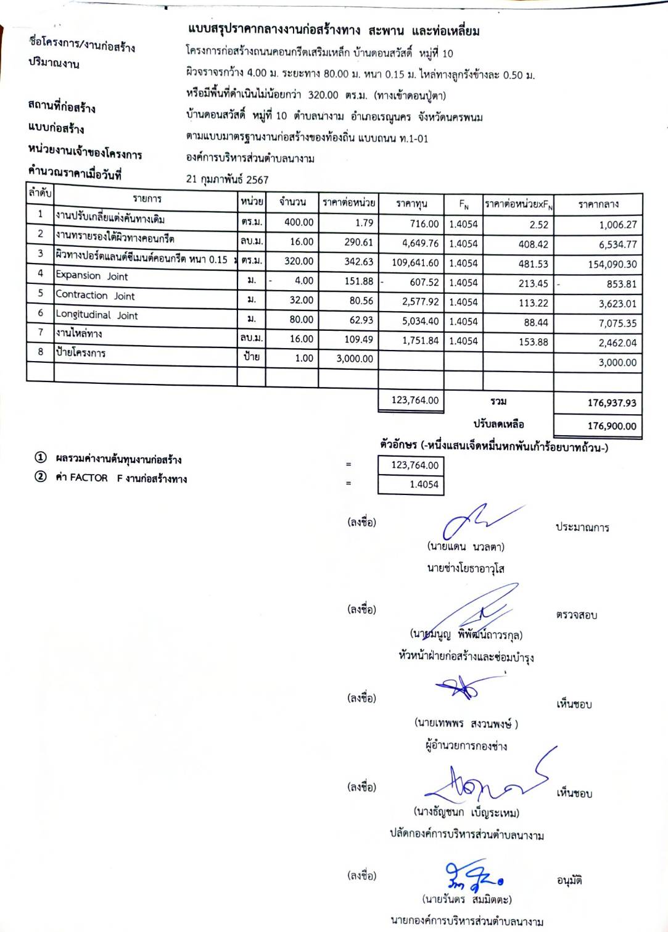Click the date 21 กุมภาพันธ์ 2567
point(227,180)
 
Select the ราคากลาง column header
point(598,204)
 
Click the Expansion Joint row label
point(92,276)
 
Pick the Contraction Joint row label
point(95,296)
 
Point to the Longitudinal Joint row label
point(97,315)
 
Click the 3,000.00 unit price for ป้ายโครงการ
point(355,359)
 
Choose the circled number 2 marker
point(41,476)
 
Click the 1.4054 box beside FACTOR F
point(411,485)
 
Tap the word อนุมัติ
point(569,881)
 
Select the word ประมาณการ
point(582,527)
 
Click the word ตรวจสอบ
point(576,615)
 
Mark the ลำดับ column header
point(40,193)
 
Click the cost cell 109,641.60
point(415,263)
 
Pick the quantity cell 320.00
point(299,261)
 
